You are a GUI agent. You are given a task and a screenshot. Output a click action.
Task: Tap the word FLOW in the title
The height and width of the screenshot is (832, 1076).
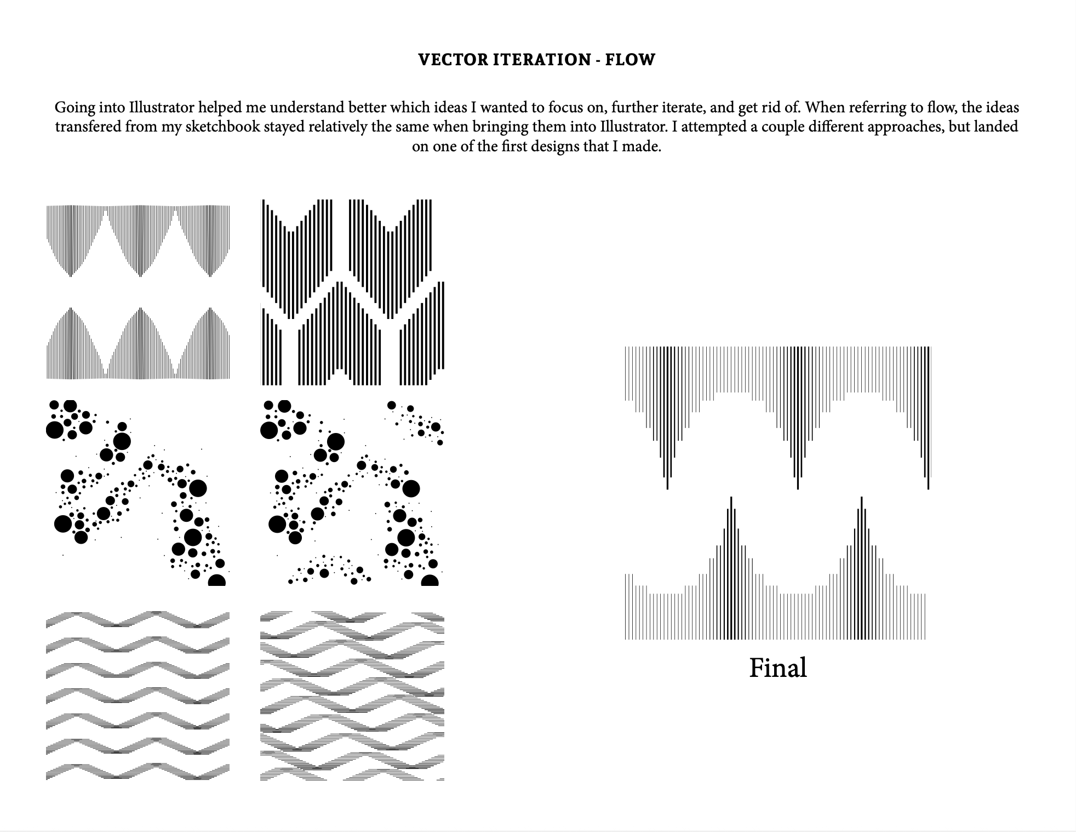pyautogui.click(x=630, y=59)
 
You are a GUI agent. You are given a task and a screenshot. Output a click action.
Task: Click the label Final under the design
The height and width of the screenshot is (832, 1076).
pyautogui.click(x=777, y=668)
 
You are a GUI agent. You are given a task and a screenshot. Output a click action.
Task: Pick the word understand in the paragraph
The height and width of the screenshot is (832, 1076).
pyautogui.click(x=306, y=107)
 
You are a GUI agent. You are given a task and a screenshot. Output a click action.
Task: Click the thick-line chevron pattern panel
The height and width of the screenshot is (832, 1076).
pyautogui.click(x=352, y=292)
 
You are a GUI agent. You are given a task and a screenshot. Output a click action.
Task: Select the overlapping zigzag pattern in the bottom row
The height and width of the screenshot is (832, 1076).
pyautogui.click(x=352, y=696)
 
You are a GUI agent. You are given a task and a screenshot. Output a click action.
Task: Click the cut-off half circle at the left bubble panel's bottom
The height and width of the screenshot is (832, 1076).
pyautogui.click(x=217, y=580)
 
